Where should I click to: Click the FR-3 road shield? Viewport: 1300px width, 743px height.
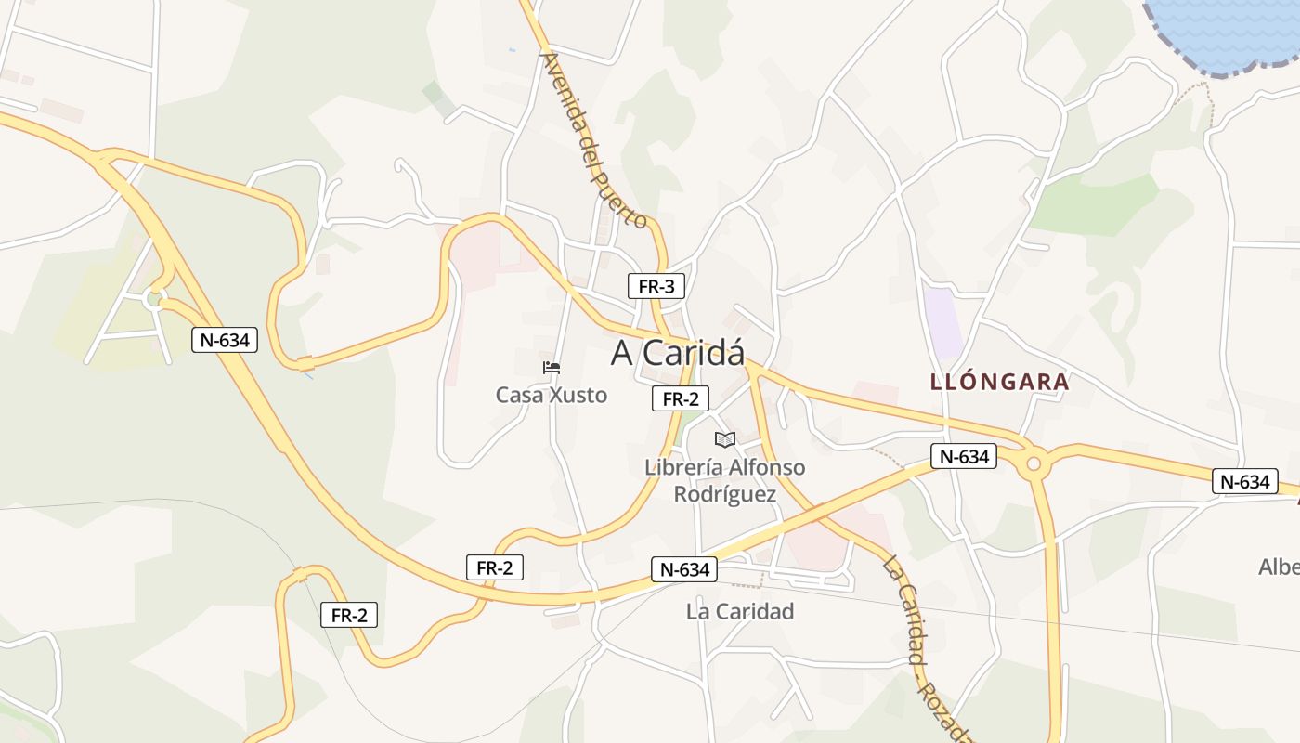coord(656,286)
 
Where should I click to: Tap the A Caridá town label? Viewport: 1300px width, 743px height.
coord(678,353)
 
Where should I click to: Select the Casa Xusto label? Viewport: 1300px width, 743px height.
coord(552,395)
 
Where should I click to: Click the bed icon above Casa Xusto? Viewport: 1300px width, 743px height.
coord(552,368)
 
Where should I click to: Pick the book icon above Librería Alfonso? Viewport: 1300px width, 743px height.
coord(725,439)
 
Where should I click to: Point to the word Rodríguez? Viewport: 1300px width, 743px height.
coord(725,494)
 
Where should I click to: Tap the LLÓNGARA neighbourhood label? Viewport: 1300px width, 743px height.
coord(999,382)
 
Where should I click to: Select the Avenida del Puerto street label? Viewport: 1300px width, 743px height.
coord(593,139)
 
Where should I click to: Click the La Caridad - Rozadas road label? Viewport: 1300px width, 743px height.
coord(929,650)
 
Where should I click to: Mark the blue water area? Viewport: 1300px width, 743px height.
coord(1226,33)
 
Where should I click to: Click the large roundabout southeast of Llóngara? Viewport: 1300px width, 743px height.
coord(1033,463)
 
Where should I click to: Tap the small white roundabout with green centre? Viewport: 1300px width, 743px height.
coord(154,299)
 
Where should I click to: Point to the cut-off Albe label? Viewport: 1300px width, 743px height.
coord(1279,567)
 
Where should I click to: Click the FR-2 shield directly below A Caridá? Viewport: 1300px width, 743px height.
coord(681,399)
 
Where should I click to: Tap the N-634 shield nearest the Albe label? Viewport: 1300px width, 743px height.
coord(1244,481)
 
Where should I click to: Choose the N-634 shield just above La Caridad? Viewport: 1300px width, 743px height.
coord(685,569)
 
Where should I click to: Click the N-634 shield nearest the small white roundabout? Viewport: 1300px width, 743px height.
coord(224,340)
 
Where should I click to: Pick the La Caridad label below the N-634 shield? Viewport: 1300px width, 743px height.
coord(740,611)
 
